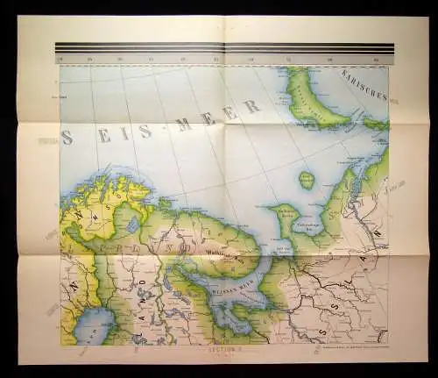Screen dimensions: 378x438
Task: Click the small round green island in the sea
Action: point(307,180)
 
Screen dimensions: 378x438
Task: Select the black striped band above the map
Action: point(223,47)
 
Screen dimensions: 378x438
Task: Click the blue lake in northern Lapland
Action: point(133,225)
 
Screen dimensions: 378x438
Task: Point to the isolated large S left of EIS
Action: point(67,138)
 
